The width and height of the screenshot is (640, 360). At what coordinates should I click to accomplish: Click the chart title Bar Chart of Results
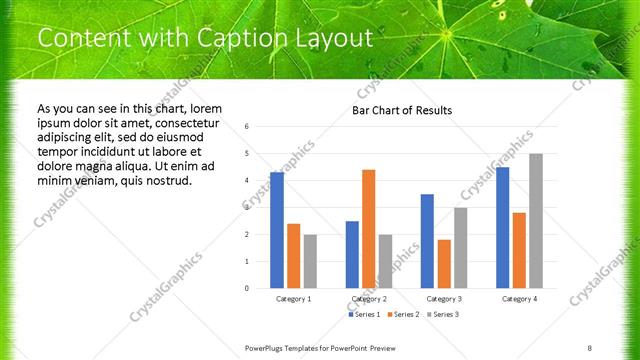click(402, 110)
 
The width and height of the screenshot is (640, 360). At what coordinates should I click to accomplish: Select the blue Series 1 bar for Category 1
click(277, 230)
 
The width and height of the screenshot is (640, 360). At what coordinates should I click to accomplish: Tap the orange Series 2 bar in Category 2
click(368, 229)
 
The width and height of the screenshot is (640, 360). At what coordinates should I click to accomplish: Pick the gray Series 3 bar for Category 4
click(536, 221)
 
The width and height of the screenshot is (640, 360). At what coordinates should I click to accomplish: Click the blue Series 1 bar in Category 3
click(427, 241)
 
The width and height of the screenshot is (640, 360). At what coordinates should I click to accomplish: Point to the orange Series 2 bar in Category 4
click(519, 250)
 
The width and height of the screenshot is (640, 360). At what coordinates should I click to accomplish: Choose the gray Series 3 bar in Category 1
click(310, 261)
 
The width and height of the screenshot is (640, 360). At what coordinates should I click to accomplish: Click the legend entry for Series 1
click(364, 314)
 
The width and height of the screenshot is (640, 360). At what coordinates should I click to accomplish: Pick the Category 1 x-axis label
click(293, 298)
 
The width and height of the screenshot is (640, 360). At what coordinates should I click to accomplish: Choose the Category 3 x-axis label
click(443, 298)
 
